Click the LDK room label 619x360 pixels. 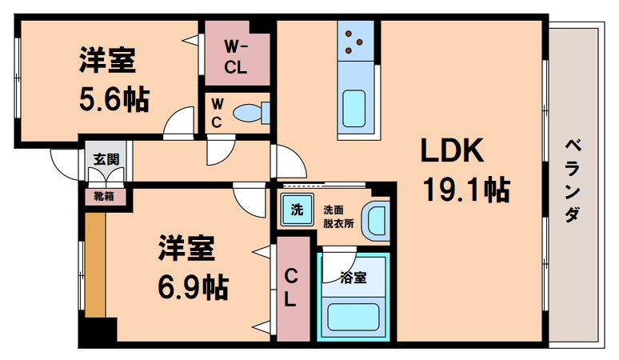pos(449,150)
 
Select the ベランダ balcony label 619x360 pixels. pos(573,181)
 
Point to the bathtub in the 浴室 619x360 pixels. pos(353,318)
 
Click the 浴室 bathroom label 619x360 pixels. pos(353,278)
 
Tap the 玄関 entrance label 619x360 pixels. pos(102,158)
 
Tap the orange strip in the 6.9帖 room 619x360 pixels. pos(95,264)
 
